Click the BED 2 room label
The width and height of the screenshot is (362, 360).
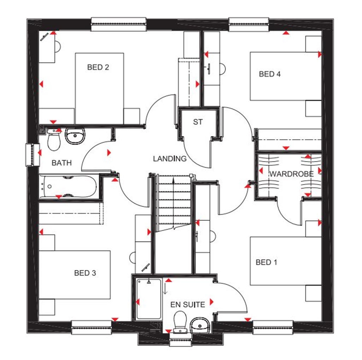pos(98,67)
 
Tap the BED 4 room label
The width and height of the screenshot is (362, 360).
pos(270,74)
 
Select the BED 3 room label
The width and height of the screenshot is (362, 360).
pos(85,273)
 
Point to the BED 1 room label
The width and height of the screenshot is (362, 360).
pos(266,262)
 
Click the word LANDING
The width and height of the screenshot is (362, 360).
pos(170,159)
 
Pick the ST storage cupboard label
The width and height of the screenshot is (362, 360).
pos(198,122)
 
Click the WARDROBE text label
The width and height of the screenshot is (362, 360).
pos(291,174)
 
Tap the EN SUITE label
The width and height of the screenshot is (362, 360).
pos(187,305)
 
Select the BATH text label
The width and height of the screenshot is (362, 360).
pos(62,163)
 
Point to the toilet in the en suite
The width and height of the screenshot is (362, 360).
pos(180,321)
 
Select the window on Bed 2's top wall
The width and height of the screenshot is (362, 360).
pos(118,24)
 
